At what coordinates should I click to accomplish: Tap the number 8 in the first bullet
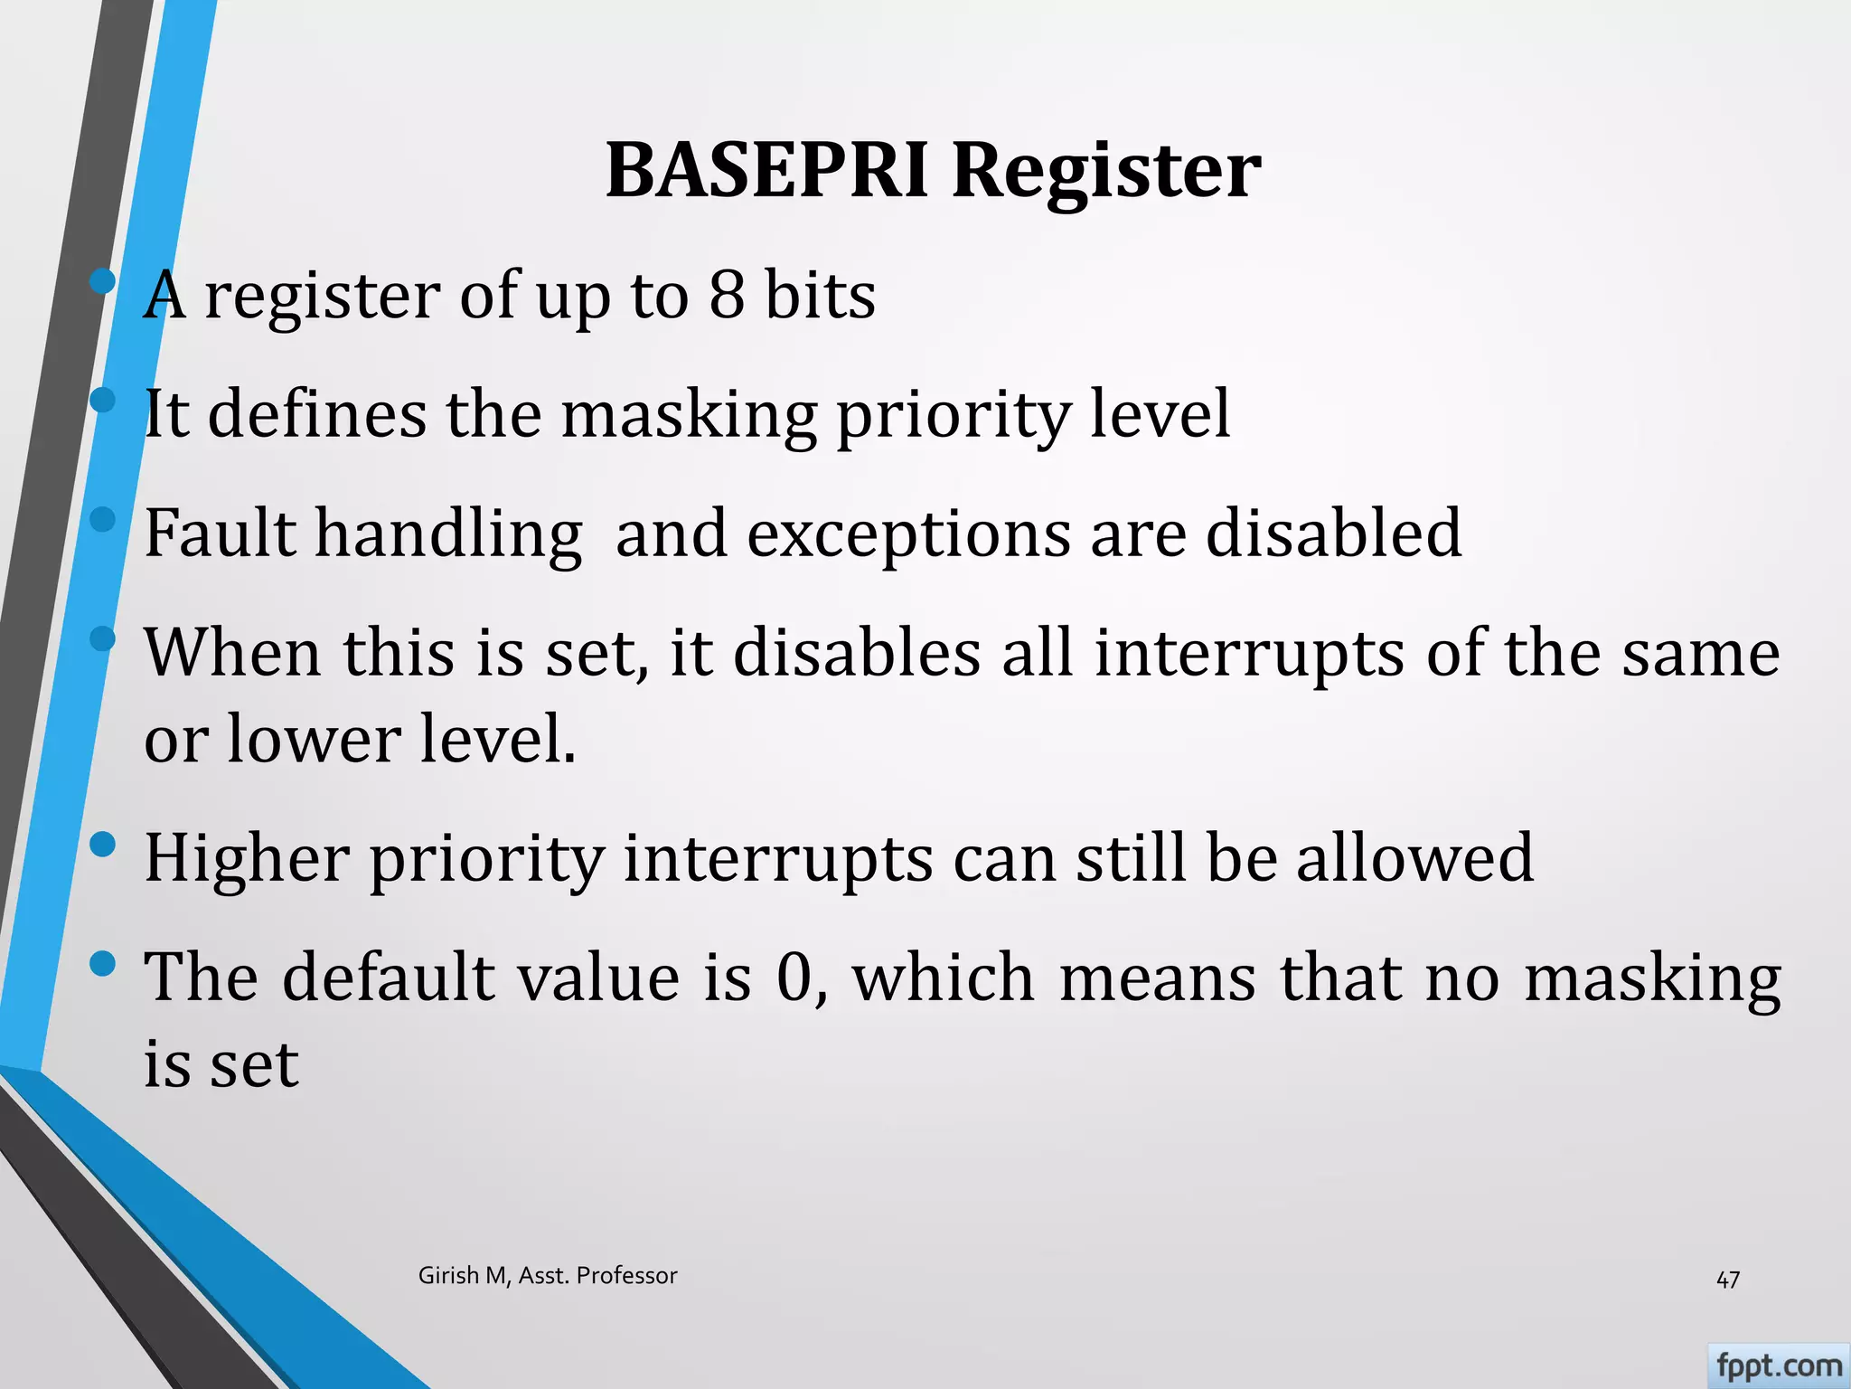[x=727, y=295]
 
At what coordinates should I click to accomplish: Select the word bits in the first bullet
[x=820, y=295]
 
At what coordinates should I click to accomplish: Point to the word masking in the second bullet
[x=689, y=415]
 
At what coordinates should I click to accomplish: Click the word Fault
[x=220, y=533]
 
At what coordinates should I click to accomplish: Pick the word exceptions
[x=908, y=534]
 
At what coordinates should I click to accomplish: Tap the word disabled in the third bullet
[x=1334, y=533]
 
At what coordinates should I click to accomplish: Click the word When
[x=232, y=652]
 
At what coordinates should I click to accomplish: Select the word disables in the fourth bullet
[x=856, y=652]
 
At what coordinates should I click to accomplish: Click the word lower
[x=313, y=739]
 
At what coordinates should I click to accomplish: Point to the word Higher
[x=247, y=858]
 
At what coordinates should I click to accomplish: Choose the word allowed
[x=1414, y=857]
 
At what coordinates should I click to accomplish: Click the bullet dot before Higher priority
[x=103, y=845]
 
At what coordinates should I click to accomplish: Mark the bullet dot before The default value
[x=103, y=964]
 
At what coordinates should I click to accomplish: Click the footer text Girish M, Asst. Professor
[x=548, y=1275]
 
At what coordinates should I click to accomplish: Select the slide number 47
[x=1727, y=1280]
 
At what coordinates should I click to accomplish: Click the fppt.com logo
[x=1778, y=1365]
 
